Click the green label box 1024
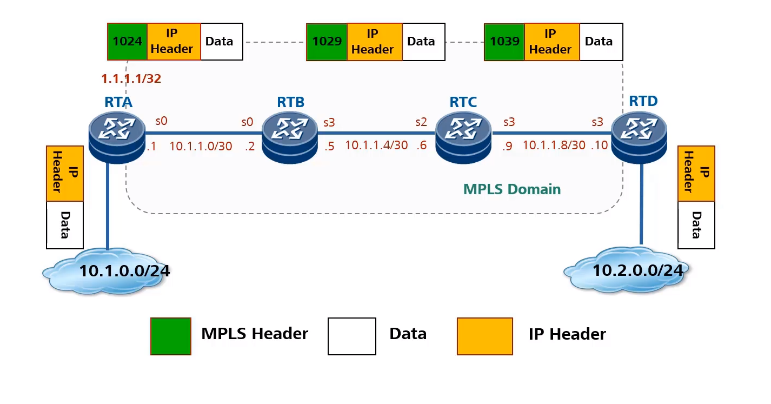(x=127, y=42)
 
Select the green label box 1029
(x=327, y=42)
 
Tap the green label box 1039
(x=504, y=42)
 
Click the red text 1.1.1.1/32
(x=131, y=79)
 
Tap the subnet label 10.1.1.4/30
(x=376, y=145)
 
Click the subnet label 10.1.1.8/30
(x=554, y=145)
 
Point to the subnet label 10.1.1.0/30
(x=201, y=145)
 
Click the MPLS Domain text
(x=511, y=189)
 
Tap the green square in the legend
(x=171, y=336)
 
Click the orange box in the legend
(x=484, y=336)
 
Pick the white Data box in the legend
(x=351, y=336)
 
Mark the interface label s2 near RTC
(x=421, y=122)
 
